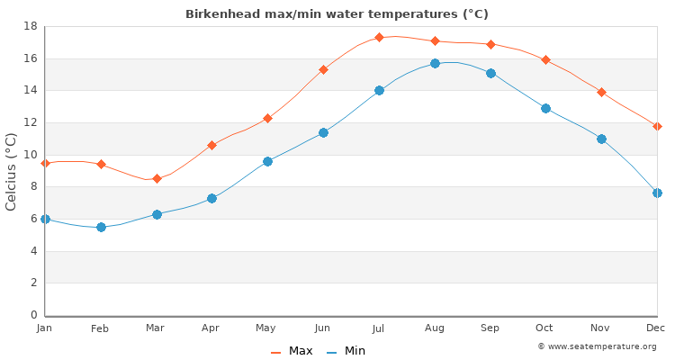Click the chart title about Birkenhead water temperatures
[337, 14]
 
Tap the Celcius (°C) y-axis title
[12, 171]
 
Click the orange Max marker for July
[379, 37]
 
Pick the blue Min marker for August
[435, 63]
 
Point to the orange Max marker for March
[157, 178]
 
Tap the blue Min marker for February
[101, 227]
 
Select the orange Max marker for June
[323, 69]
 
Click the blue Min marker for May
[267, 161]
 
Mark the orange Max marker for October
[545, 59]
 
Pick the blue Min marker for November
[601, 139]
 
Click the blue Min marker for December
[657, 193]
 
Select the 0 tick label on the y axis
[32, 315]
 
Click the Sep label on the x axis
[490, 328]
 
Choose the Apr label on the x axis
[211, 328]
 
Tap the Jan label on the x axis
[45, 328]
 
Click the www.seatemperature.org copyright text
[597, 346]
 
